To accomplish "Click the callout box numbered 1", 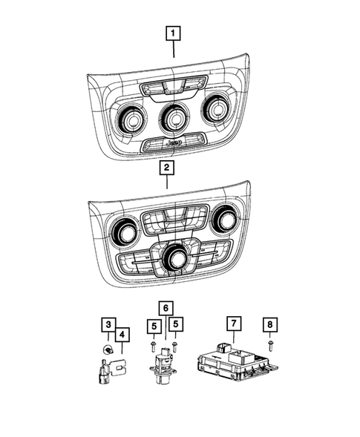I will coord(173,33).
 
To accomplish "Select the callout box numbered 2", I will coord(168,168).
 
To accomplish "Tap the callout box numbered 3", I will coord(108,324).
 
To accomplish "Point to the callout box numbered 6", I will coord(164,308).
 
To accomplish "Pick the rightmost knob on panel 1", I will coord(218,110).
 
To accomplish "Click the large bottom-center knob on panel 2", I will coord(177,257).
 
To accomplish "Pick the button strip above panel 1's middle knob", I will coord(173,86).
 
